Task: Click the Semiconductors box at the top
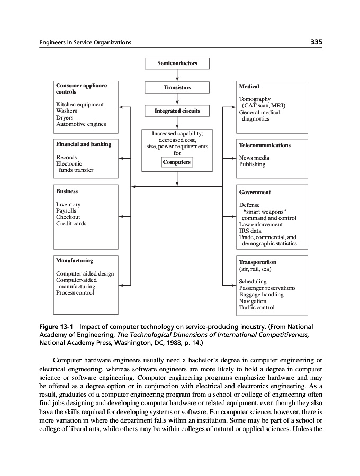177,63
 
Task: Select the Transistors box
177,87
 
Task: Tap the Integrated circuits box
177,111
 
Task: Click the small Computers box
177,162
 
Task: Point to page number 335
317,42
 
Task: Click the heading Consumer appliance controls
81,88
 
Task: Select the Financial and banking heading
83,144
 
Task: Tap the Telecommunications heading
265,145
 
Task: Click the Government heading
255,193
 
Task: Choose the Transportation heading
257,262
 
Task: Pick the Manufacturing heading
74,261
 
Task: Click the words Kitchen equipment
79,105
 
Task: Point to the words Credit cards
71,224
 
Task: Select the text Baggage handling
261,295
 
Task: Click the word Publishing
252,164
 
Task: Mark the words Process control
75,292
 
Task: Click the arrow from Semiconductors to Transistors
177,76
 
